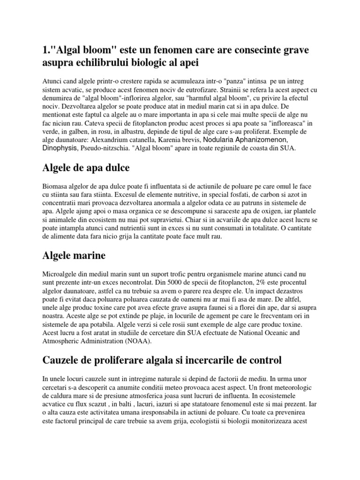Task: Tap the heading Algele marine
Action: [74, 255]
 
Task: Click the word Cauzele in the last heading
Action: [62, 360]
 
